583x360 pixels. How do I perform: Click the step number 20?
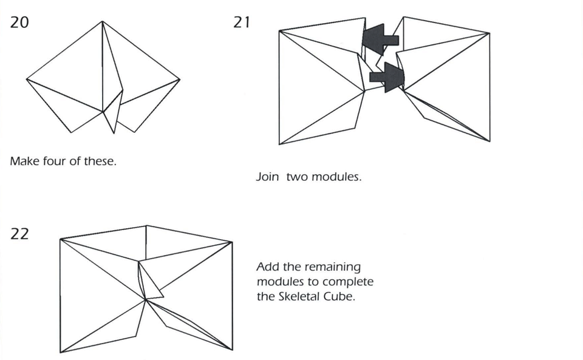tap(19, 23)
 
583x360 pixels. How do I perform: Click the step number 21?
tap(242, 23)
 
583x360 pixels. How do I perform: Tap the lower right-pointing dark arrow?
tap(387, 76)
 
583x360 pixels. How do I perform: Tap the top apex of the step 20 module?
tap(102, 22)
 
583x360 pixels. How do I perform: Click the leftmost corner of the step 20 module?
tap(27, 79)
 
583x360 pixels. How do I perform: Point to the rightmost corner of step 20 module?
tap(180, 79)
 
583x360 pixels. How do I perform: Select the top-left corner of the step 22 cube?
tap(60, 239)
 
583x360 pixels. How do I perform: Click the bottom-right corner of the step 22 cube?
tap(232, 350)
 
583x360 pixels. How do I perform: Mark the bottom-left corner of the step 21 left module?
tap(279, 144)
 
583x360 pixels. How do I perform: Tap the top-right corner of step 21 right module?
tap(489, 33)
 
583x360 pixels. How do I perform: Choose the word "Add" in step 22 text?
tap(267, 267)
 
